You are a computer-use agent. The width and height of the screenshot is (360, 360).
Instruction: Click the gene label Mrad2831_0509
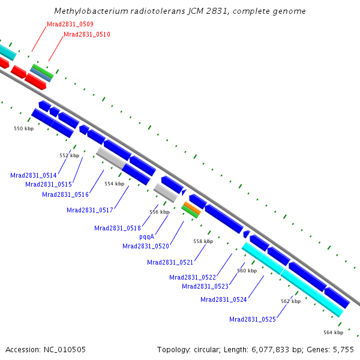70,25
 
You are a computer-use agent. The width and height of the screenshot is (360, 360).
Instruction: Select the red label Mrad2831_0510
86,35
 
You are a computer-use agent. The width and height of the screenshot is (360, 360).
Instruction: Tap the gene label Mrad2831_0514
33,175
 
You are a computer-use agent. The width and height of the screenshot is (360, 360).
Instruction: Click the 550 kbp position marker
23,128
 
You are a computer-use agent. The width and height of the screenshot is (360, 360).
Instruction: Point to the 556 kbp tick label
159,212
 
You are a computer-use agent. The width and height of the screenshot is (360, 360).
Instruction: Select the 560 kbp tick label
247,271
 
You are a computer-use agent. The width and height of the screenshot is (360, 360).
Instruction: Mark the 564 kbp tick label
333,332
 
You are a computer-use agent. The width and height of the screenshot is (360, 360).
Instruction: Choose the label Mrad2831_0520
145,246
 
